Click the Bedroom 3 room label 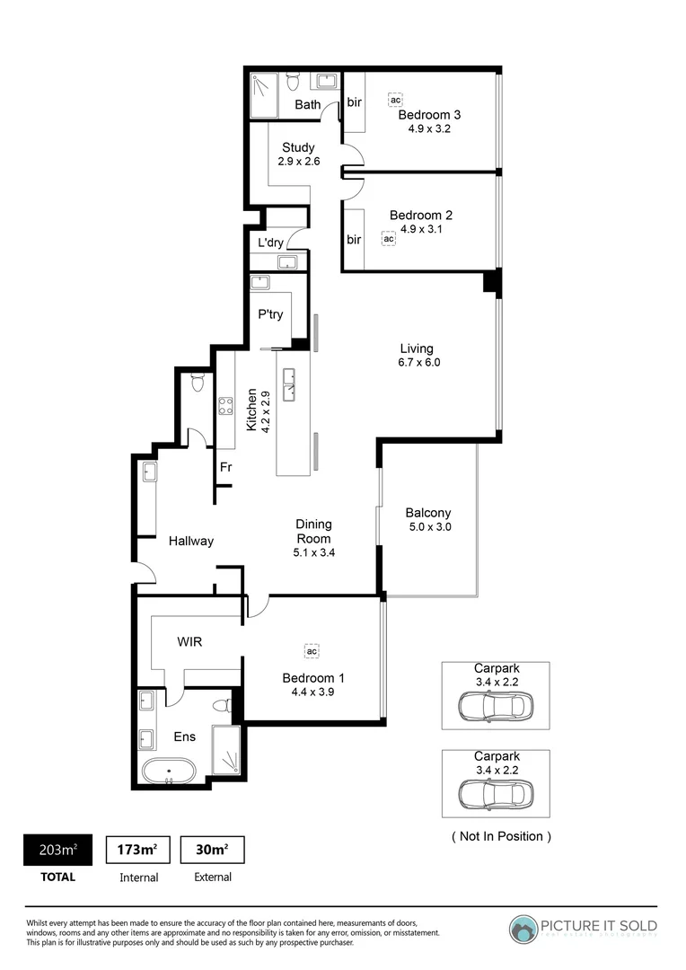[429, 115]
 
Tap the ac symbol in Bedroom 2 [388, 239]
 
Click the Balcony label [428, 513]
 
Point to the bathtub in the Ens [169, 770]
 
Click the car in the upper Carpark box [495, 706]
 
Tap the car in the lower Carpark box [495, 794]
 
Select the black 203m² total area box [57, 850]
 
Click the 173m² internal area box [137, 850]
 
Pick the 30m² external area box [212, 850]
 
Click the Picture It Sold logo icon [523, 929]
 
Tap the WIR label [189, 642]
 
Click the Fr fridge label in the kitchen [226, 467]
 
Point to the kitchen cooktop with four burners [226, 406]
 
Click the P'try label [270, 314]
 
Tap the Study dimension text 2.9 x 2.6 [298, 162]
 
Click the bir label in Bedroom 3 [354, 102]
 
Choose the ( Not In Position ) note [500, 836]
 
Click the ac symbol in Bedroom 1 [312, 650]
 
